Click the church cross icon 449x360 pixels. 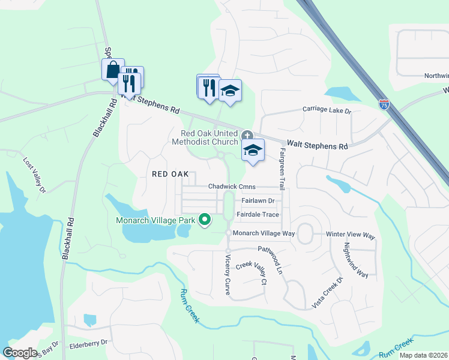246,134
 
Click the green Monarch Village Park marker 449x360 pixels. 205,220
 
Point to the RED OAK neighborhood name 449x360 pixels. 170,173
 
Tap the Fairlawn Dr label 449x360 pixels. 258,201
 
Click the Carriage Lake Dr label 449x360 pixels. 327,111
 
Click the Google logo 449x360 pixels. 20,353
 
